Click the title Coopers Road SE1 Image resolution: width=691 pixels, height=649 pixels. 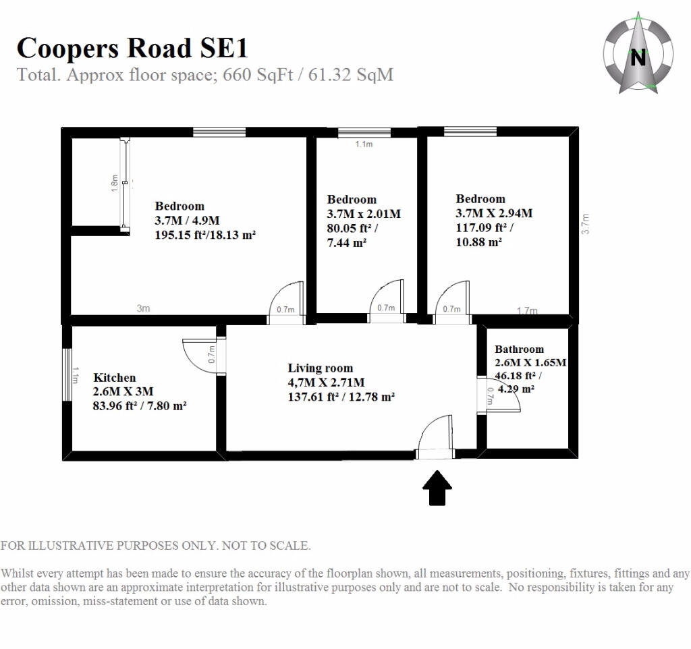tap(132, 48)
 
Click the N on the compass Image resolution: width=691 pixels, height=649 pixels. tap(638, 58)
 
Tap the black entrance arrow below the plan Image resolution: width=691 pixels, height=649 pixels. tap(437, 487)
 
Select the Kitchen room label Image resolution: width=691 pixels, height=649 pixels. tap(115, 378)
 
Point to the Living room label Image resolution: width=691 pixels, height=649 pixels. tap(321, 368)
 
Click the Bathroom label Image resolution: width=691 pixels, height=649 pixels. tap(519, 349)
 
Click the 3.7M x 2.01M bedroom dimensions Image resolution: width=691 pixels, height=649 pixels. tap(364, 214)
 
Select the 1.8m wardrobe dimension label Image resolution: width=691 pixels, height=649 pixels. tap(115, 183)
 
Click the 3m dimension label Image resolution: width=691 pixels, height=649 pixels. tap(143, 308)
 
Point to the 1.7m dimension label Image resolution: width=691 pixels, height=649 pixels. tap(527, 310)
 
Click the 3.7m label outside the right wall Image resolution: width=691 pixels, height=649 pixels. tap(585, 224)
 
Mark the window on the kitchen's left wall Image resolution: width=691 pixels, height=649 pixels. tap(67, 374)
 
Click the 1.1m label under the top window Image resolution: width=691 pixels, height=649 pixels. tap(364, 144)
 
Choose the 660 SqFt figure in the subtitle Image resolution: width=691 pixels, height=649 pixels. tap(258, 75)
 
